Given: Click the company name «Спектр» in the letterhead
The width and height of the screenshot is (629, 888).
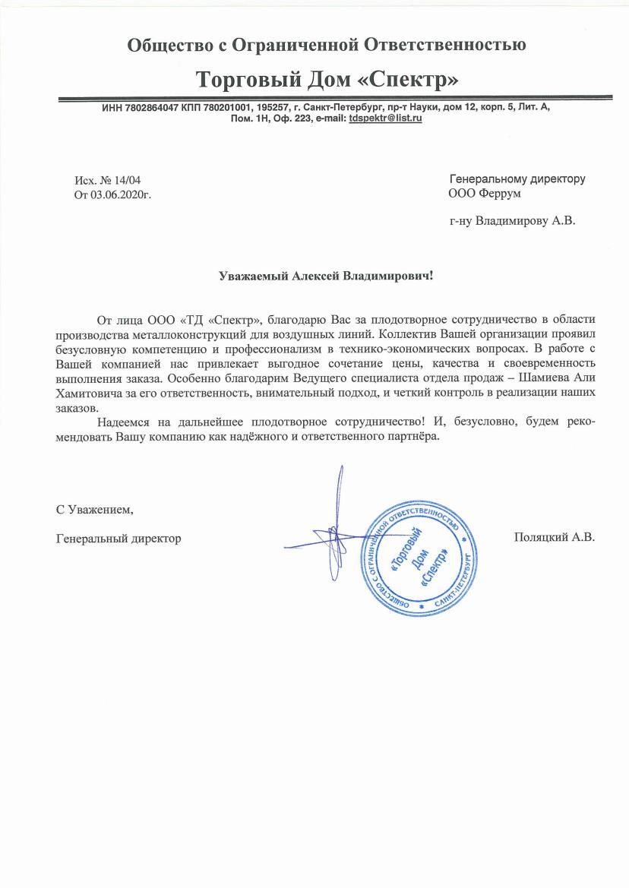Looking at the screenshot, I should [411, 80].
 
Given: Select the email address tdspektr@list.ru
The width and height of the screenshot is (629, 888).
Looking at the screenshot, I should [385, 119].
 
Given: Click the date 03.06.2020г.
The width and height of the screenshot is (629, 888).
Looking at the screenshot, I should [121, 194].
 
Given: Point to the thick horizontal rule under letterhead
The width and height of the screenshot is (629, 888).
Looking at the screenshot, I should [335, 99].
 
